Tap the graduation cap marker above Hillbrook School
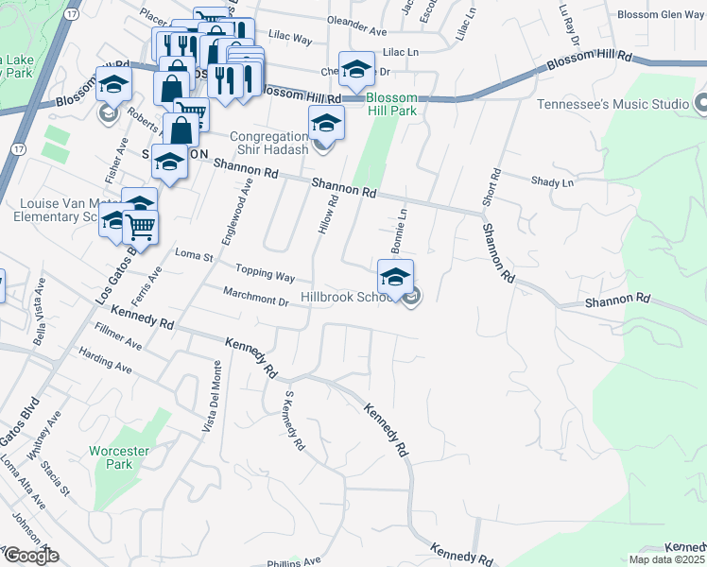(396, 276)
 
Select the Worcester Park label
(119, 457)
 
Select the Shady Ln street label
(552, 181)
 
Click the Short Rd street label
(494, 190)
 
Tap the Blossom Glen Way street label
(661, 14)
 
